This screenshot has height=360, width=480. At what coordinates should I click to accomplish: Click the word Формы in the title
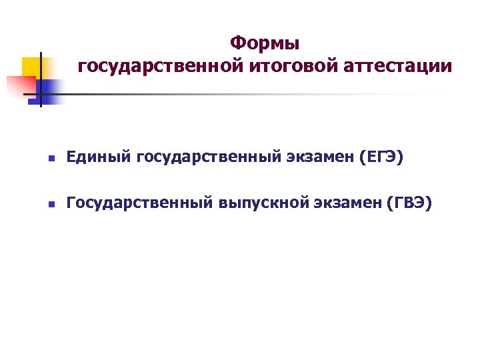[265, 44]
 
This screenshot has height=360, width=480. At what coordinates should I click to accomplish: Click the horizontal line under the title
[233, 94]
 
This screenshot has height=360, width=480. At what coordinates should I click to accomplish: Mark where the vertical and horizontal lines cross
[41, 94]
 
